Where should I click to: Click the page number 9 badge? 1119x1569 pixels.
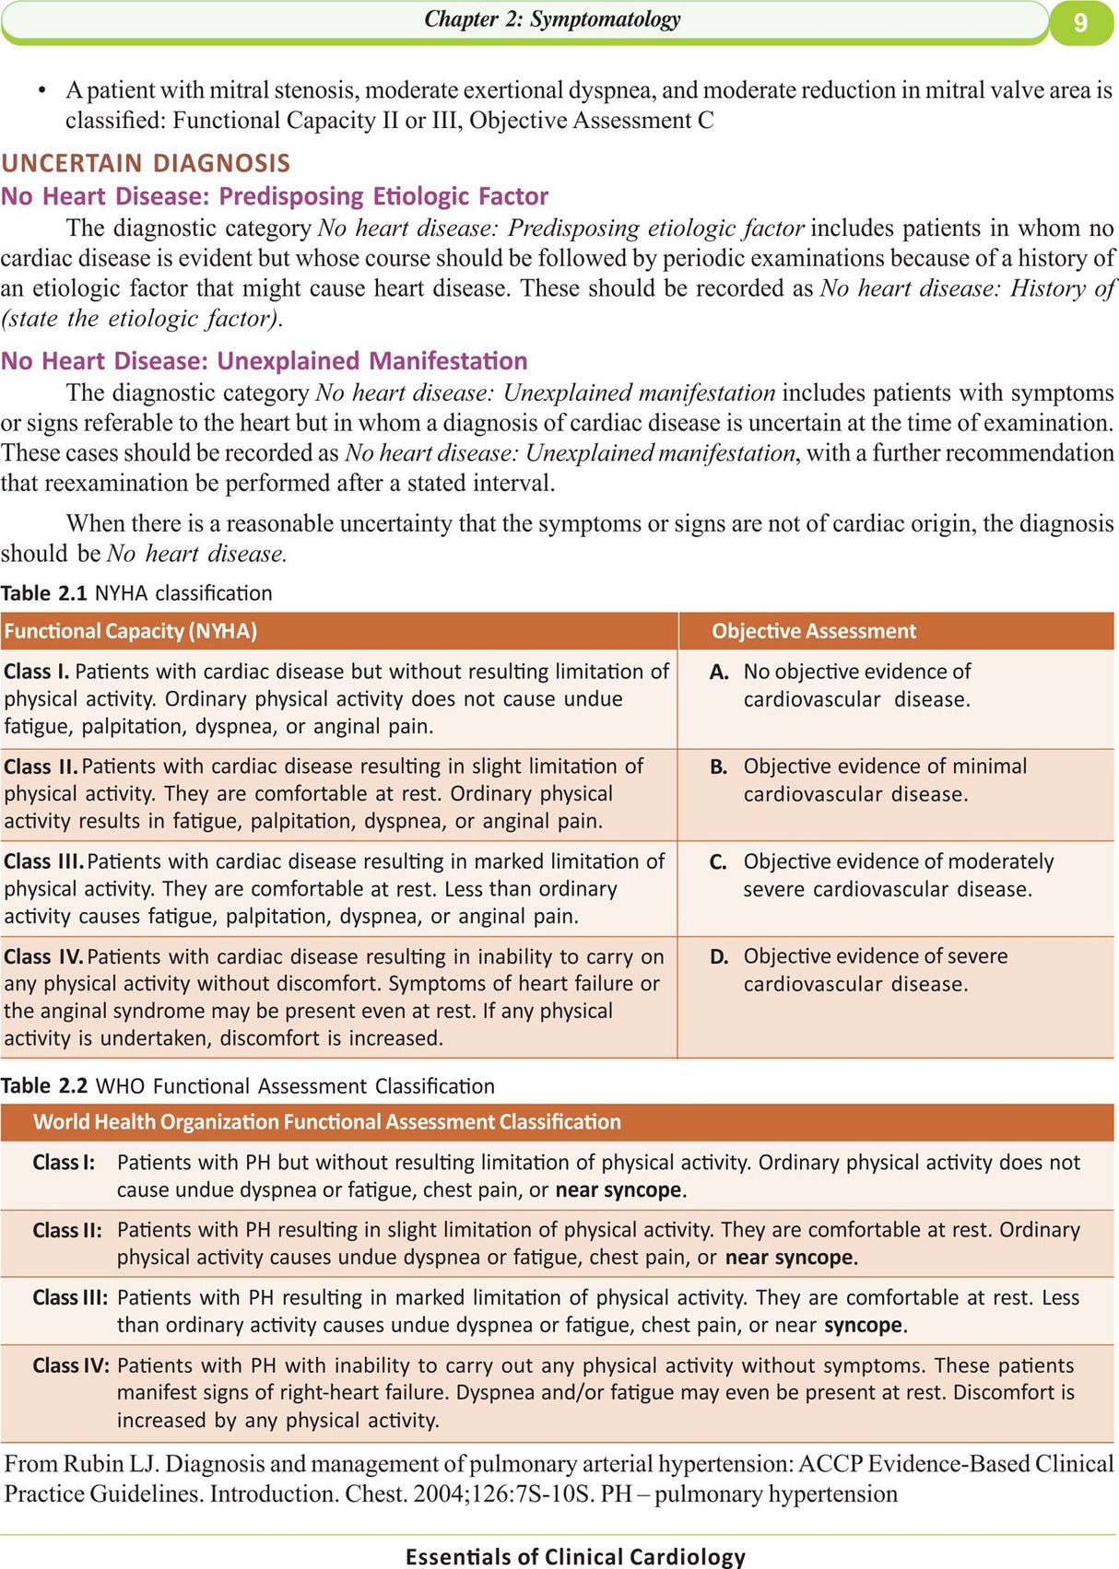click(x=1080, y=21)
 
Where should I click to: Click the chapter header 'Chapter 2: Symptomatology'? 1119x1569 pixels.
click(x=552, y=19)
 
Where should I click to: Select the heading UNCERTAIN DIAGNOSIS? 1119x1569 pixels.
click(x=146, y=163)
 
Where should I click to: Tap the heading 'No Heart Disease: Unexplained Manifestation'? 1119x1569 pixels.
click(x=265, y=360)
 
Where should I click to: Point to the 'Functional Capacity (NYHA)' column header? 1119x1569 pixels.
click(x=130, y=631)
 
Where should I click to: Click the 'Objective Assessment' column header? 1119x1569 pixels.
click(x=814, y=631)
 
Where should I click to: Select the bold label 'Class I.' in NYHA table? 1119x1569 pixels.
click(x=36, y=672)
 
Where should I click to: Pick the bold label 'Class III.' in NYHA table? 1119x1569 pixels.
click(x=43, y=861)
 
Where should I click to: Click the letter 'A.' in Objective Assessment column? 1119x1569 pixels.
click(x=719, y=673)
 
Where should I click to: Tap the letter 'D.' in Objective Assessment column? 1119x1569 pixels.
click(x=719, y=957)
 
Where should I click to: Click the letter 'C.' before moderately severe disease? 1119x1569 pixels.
click(x=718, y=862)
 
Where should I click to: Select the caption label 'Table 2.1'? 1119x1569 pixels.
click(x=43, y=593)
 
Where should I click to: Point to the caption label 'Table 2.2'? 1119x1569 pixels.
click(x=44, y=1086)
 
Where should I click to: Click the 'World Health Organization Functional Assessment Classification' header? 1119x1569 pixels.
click(x=327, y=1122)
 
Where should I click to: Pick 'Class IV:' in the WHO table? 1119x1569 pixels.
click(x=71, y=1365)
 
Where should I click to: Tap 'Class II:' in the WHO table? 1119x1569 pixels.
click(x=67, y=1230)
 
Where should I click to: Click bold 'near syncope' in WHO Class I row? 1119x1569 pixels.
click(x=618, y=1190)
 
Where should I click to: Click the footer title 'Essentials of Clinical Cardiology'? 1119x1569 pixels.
click(x=575, y=1556)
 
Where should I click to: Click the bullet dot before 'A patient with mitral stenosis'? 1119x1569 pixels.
click(x=42, y=91)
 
